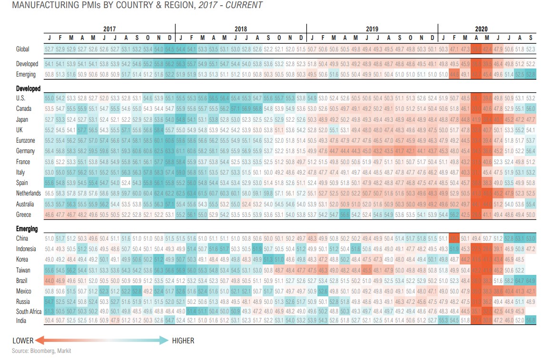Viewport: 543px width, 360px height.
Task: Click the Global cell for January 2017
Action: [49, 49]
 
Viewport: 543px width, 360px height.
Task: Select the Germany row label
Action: [25, 151]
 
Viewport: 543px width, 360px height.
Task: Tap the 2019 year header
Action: [372, 29]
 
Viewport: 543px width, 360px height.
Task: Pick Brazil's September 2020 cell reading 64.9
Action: [531, 281]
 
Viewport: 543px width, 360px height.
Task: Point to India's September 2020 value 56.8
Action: [531, 321]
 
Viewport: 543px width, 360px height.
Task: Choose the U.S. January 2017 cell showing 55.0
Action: [49, 98]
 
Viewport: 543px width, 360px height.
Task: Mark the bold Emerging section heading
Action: [27, 229]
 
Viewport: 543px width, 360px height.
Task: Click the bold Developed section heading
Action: [28, 88]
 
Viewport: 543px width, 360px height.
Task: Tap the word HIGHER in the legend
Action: [183, 341]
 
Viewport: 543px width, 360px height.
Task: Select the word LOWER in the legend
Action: [22, 341]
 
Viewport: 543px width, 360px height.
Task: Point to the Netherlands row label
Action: [29, 194]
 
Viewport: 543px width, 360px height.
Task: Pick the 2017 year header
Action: [109, 29]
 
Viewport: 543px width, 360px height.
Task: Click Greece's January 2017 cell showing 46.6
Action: [49, 215]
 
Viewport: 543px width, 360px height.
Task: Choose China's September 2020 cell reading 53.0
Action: [531, 238]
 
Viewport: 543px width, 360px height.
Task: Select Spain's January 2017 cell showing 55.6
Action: [49, 183]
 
